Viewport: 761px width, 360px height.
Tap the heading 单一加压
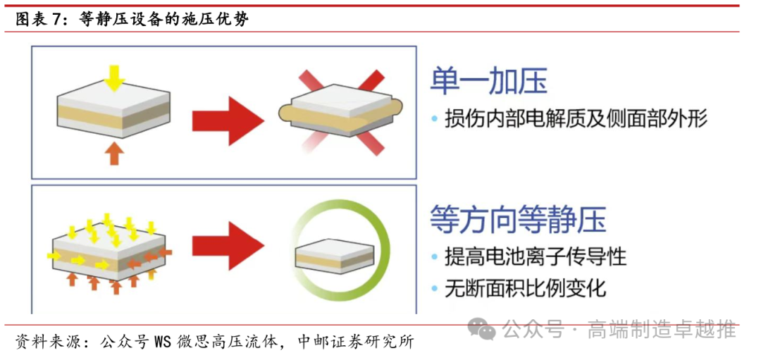(x=488, y=82)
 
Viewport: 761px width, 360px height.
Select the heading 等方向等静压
(x=518, y=219)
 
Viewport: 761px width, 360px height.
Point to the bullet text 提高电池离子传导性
(x=535, y=256)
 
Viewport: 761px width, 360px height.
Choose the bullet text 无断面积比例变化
(x=525, y=287)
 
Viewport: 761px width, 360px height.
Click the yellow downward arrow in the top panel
(x=113, y=76)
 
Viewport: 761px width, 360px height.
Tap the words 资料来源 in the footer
(x=41, y=342)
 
